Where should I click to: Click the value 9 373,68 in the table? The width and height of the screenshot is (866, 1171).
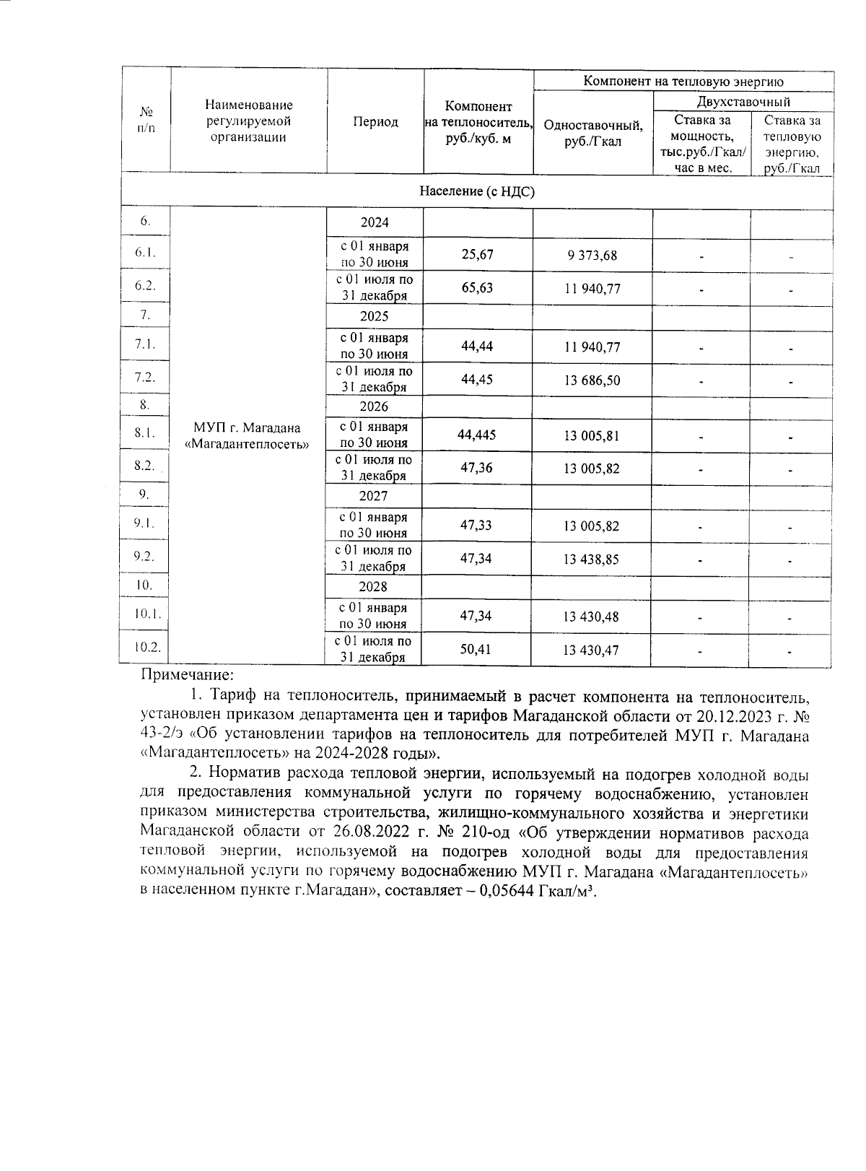click(x=592, y=256)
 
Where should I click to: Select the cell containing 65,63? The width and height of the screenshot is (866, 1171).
click(x=477, y=288)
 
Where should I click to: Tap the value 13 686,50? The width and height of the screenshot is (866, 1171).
click(x=592, y=380)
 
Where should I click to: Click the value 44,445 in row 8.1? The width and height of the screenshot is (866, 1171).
click(x=476, y=435)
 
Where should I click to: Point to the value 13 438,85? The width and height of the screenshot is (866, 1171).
click(x=591, y=560)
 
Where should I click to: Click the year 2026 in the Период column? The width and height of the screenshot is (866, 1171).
click(x=374, y=406)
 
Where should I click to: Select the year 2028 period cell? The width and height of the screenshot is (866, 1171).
click(x=374, y=587)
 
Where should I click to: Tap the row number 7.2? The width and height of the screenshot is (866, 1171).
click(x=145, y=377)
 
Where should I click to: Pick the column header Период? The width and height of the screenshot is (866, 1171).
click(x=375, y=122)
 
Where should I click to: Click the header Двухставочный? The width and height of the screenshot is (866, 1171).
click(x=743, y=102)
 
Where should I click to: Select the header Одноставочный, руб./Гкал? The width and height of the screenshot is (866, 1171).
click(x=592, y=134)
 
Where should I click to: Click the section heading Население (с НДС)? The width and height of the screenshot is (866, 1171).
click(x=477, y=191)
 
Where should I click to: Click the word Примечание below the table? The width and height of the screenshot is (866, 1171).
click(x=187, y=676)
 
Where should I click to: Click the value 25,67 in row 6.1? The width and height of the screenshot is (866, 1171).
click(x=477, y=255)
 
